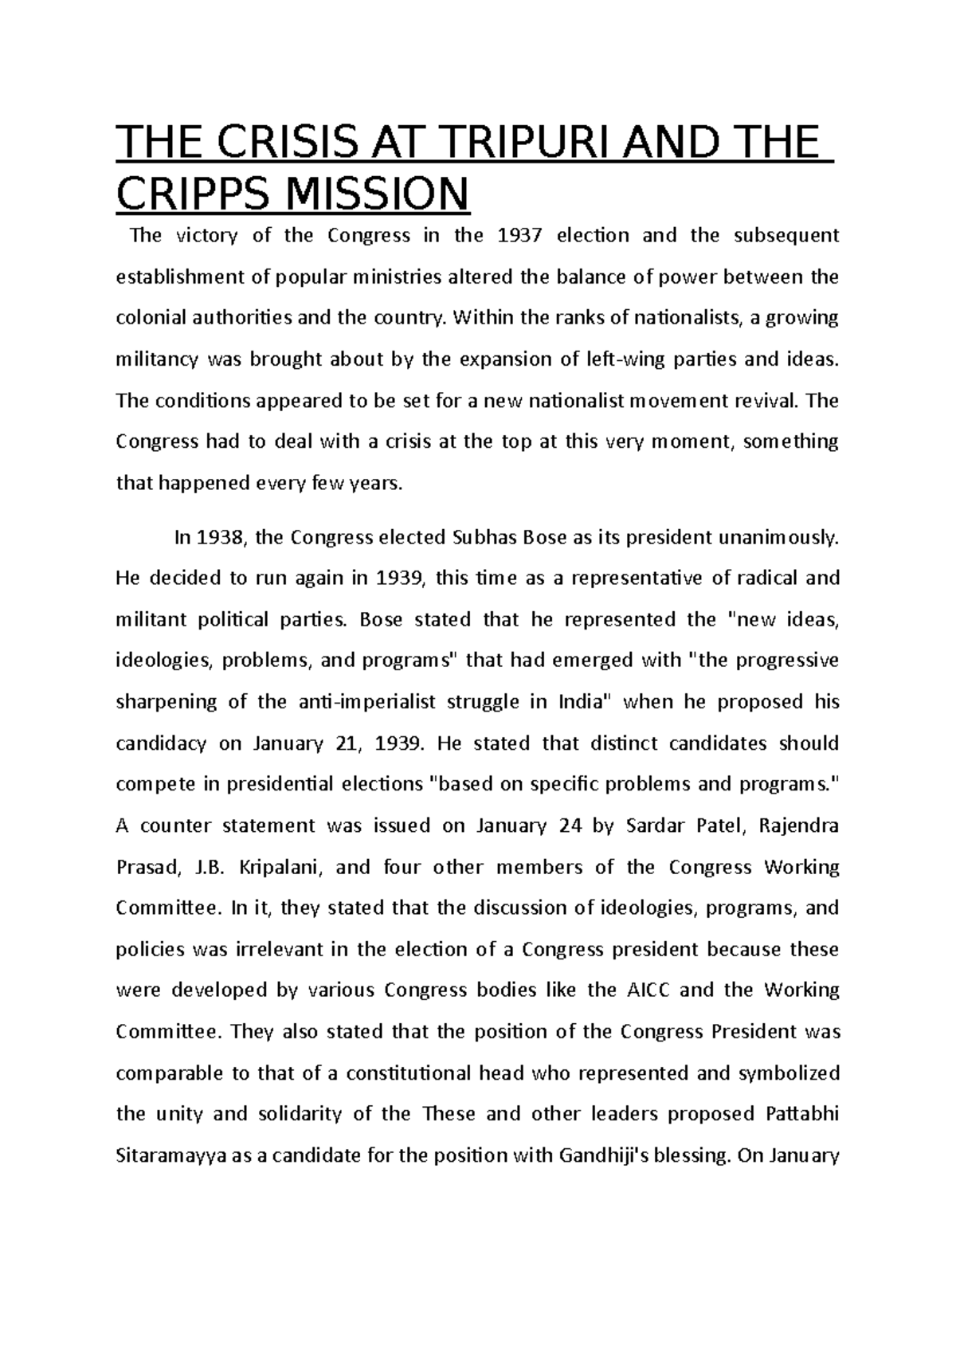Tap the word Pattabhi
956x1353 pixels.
802,1114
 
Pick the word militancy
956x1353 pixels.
156,359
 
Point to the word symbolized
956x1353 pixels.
789,1073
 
